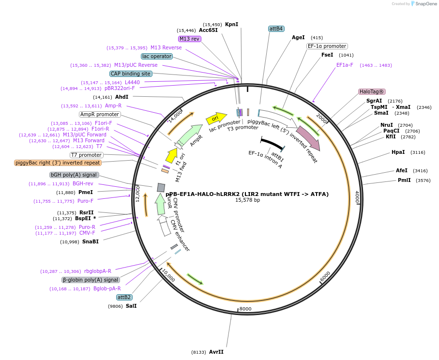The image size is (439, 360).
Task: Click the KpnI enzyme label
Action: (231, 24)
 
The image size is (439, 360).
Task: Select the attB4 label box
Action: (276, 29)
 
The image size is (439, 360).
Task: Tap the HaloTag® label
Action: (372, 91)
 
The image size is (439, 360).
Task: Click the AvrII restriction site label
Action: (216, 352)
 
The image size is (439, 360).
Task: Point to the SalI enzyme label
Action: (131, 306)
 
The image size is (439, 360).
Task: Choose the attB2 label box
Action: (124, 297)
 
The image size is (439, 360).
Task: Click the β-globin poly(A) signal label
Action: (91, 280)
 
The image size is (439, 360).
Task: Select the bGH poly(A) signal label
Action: (74, 175)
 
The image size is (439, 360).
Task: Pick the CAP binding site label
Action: (131, 74)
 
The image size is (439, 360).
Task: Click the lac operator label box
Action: (157, 56)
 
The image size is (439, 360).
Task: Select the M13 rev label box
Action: (189, 39)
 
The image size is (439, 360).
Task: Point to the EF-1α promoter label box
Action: (327, 46)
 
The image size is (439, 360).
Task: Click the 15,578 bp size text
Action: (247, 200)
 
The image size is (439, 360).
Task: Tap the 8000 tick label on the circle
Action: (245, 309)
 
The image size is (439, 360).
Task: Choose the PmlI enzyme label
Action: (404, 180)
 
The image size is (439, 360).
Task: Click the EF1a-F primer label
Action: (345, 65)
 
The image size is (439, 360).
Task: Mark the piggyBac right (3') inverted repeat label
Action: (58, 163)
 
